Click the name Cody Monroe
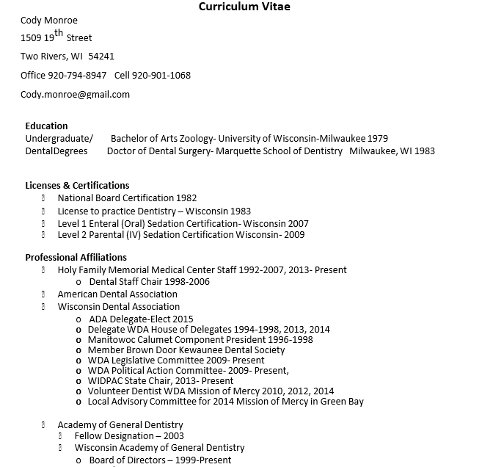coord(49,20)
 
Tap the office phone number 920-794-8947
coord(77,75)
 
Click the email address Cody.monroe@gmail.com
coord(75,94)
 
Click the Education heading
coord(46,126)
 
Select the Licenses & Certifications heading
coord(77,185)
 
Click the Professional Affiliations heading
coord(76,257)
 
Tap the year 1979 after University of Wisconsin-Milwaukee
coord(377,138)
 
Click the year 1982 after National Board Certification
coord(186,198)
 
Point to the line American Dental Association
coord(117,294)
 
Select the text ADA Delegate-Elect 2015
coord(141,319)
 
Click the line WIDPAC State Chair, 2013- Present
coord(161,381)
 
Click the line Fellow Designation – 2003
coord(129,435)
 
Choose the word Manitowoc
coord(111,339)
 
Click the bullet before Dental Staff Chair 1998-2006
coord(78,282)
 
